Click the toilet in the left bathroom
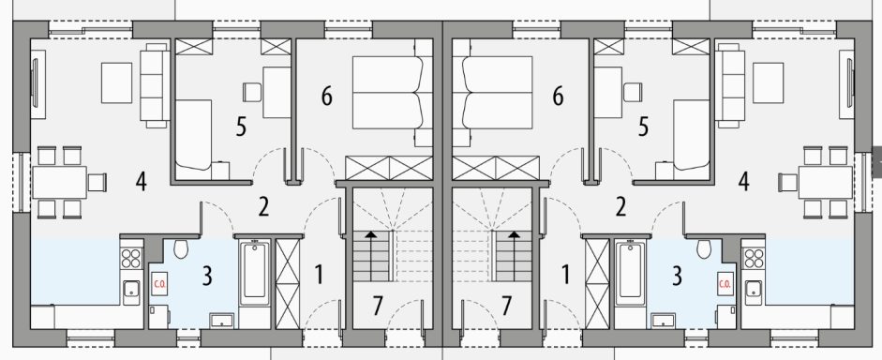click(x=181, y=248)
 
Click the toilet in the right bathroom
click(x=704, y=248)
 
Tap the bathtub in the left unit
click(x=255, y=273)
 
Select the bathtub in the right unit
click(x=630, y=273)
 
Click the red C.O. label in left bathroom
click(x=158, y=283)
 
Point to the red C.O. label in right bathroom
click(x=724, y=283)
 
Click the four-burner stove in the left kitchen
click(x=131, y=257)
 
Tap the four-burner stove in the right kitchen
click(x=754, y=257)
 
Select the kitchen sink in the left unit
click(x=131, y=292)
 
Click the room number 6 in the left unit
click(x=327, y=97)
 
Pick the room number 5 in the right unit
click(x=643, y=127)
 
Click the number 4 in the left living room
click(x=142, y=181)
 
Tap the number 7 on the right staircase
click(x=506, y=306)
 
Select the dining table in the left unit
click(x=60, y=182)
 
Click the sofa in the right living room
click(x=729, y=85)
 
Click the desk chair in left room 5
click(x=252, y=92)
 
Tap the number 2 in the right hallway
click(x=620, y=206)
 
